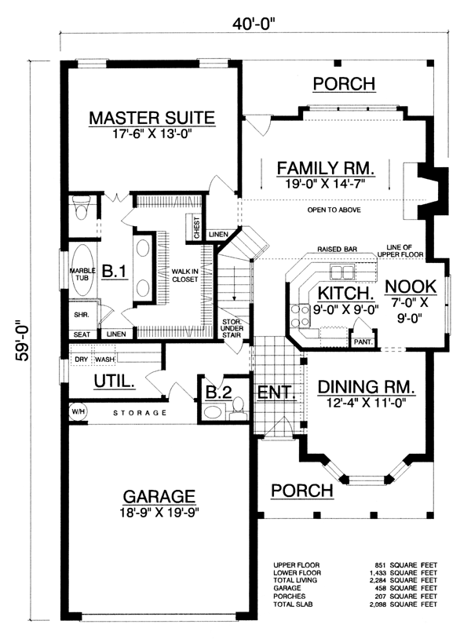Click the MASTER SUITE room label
pos(152,118)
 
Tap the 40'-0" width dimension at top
pos(254,24)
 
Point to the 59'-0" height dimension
pos(23,342)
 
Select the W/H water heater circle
pos(78,411)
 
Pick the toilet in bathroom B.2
pos(238,408)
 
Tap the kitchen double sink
pos(341,272)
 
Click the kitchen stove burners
pos(299,316)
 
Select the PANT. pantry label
pos(363,342)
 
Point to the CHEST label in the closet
pos(197,228)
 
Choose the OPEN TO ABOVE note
pos(334,210)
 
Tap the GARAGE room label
pos(159,496)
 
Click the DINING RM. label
pos(367,387)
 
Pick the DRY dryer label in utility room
pos(82,360)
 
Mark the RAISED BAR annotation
pos(338,249)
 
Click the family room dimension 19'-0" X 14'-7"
pos(325,183)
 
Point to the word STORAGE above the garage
pos(140,413)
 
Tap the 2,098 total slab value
pos(378,604)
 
